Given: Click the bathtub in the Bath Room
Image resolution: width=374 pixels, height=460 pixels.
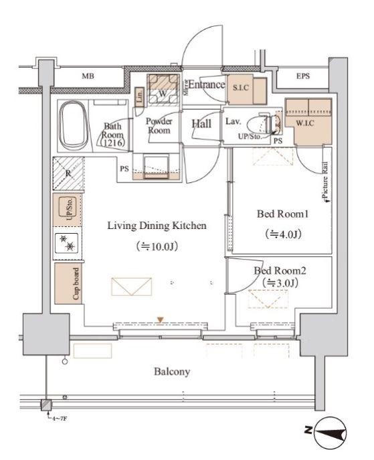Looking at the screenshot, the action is point(73,125).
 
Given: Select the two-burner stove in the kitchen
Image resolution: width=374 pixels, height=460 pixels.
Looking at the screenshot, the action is point(67,243).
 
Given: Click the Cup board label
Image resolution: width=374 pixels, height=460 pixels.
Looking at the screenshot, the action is point(76,283).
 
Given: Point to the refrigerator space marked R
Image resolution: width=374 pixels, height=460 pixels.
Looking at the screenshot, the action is point(69,173).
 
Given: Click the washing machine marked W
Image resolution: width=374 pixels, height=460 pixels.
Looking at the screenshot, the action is point(163,90).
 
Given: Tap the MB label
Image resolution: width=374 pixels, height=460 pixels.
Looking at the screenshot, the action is point(88,76).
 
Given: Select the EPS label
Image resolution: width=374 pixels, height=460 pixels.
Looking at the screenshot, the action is point(303,76).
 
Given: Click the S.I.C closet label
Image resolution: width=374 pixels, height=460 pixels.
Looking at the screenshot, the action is point(241,88).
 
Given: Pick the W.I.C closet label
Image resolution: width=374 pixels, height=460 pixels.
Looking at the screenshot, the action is point(305,123).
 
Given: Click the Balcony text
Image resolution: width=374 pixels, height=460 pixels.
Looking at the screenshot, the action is point(172,372).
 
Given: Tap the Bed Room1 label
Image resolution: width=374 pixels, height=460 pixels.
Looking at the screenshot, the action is point(282,214).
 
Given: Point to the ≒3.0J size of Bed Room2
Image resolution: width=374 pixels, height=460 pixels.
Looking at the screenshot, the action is point(280,283).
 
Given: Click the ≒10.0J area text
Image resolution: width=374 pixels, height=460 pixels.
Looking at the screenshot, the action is point(157,246).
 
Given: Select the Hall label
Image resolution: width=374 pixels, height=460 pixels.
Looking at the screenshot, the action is point(201,123).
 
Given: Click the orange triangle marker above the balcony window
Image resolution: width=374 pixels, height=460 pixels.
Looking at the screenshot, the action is point(160,319).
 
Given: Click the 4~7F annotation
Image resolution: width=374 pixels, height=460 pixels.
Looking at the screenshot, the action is point(59,418).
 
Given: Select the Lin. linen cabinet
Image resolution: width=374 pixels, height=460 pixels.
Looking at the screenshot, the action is point(140,96).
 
